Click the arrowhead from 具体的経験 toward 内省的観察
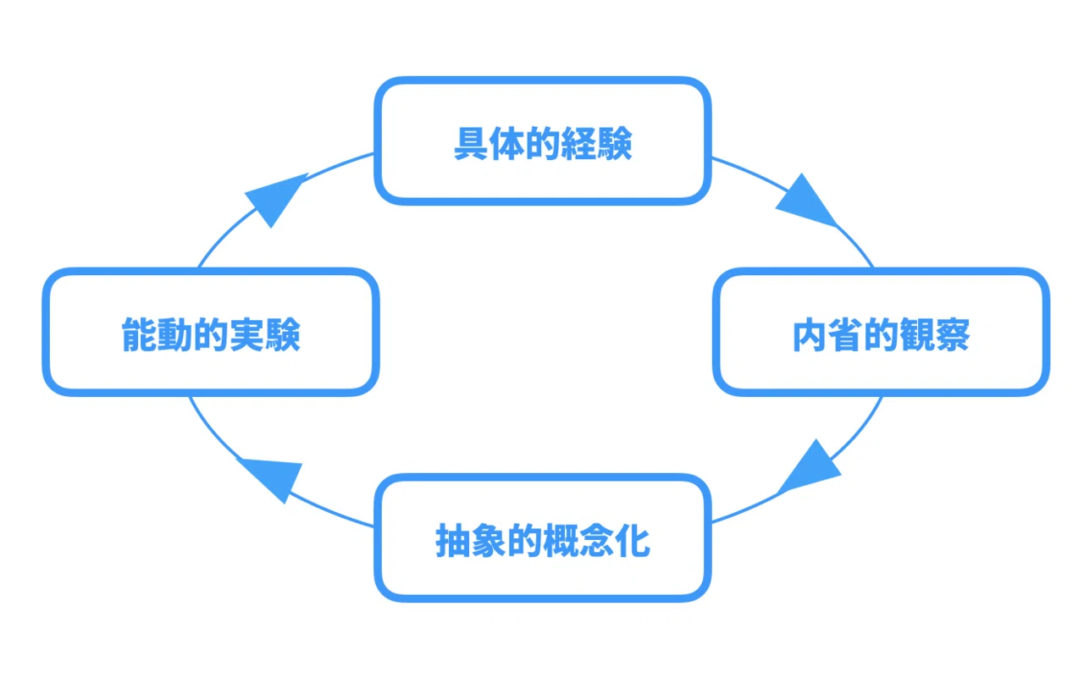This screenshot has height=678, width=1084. coord(807,201)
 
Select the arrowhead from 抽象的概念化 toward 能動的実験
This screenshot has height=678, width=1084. coord(272,479)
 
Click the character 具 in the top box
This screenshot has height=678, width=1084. coord(471,143)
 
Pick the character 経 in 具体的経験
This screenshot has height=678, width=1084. coord(578,143)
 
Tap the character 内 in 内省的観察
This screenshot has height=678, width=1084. coord(810,334)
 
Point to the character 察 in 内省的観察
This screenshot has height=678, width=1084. coord(953,334)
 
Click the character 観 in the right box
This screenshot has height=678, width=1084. coord(917,334)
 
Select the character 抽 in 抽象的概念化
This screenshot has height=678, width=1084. coord(453,540)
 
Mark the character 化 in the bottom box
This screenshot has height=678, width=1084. coord(633,540)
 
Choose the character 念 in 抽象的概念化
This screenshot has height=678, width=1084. coord(597,540)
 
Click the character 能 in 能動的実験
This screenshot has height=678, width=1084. coord(140,334)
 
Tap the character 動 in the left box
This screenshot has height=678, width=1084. coord(175,334)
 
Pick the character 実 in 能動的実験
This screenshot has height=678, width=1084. coord(246,334)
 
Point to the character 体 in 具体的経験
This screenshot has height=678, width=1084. coord(506,143)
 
